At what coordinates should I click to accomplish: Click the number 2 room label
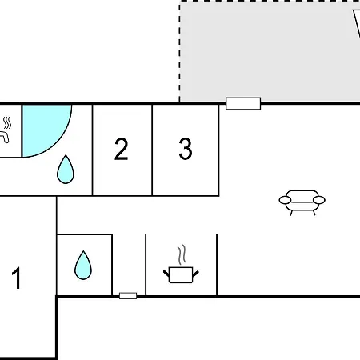click(x=122, y=149)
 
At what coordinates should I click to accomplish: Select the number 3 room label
click(x=186, y=149)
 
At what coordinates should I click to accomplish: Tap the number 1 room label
click(x=17, y=278)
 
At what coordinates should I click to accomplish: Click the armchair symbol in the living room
click(x=302, y=202)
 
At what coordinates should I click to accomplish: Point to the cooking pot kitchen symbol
click(x=181, y=275)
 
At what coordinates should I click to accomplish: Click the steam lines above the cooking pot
click(x=182, y=254)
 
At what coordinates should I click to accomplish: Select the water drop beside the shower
click(x=66, y=170)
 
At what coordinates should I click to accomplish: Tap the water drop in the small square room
click(x=83, y=265)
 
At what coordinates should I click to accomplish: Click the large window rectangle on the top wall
click(x=243, y=104)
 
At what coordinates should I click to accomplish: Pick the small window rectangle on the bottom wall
click(x=128, y=296)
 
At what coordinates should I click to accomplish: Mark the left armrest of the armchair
click(x=285, y=200)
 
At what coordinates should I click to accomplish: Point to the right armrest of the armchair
click(x=319, y=200)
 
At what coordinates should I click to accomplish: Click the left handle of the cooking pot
click(x=166, y=274)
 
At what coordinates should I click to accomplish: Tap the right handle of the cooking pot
click(x=196, y=274)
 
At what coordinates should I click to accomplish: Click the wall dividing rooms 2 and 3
click(x=152, y=150)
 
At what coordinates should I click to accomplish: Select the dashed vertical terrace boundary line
click(x=180, y=52)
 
